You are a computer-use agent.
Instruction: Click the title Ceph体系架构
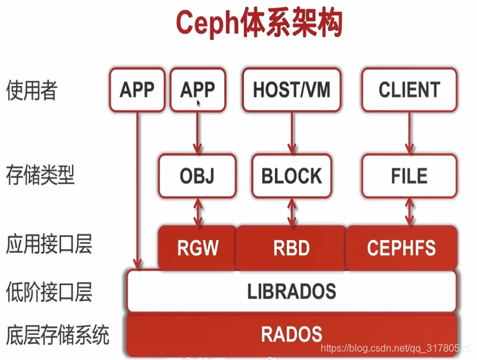pyautogui.click(x=259, y=24)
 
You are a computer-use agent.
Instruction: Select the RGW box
pyautogui.click(x=198, y=247)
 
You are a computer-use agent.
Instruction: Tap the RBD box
pyautogui.click(x=291, y=247)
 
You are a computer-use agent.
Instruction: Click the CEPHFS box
pyautogui.click(x=401, y=247)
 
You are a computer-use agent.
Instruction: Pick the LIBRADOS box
pyautogui.click(x=292, y=290)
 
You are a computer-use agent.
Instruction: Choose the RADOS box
pyautogui.click(x=292, y=334)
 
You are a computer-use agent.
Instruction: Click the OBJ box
pyautogui.click(x=198, y=176)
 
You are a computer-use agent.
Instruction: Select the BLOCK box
pyautogui.click(x=292, y=176)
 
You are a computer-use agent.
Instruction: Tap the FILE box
pyautogui.click(x=409, y=176)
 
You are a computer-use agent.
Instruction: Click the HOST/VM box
pyautogui.click(x=292, y=90)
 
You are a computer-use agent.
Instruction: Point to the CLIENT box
pyautogui.click(x=409, y=90)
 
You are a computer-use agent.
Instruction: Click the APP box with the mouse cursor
pyautogui.click(x=198, y=90)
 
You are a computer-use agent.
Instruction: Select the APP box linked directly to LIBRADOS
pyautogui.click(x=137, y=90)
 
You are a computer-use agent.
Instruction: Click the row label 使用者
pyautogui.click(x=31, y=91)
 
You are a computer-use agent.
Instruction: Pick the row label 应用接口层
pyautogui.click(x=49, y=244)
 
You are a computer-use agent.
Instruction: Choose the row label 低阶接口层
pyautogui.click(x=49, y=290)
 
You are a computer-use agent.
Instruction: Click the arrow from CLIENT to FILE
pyautogui.click(x=409, y=133)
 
